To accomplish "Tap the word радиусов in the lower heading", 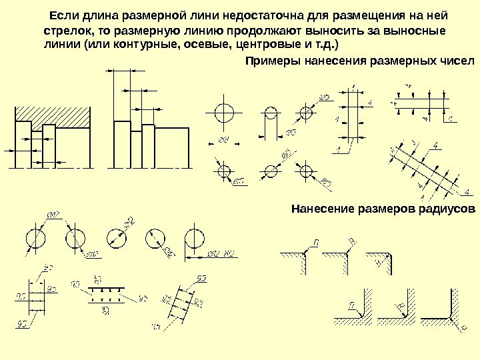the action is tap(449, 208).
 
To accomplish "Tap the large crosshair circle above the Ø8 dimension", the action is tap(225, 110).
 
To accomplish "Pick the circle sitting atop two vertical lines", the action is tap(271, 113).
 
